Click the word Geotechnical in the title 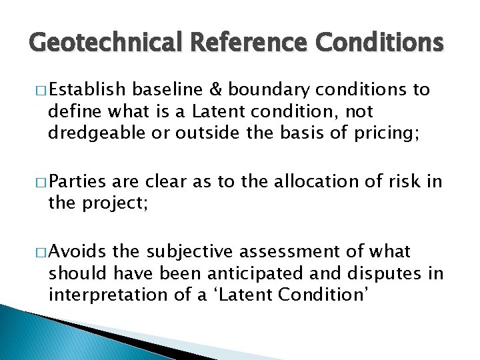(x=107, y=43)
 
